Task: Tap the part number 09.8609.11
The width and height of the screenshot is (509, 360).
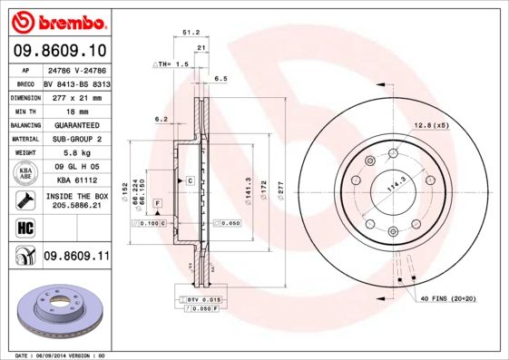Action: pos(76,258)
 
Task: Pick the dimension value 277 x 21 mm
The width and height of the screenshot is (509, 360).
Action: pos(76,95)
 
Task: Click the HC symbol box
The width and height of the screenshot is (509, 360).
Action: pos(19,227)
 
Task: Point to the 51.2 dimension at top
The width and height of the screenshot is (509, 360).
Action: pos(191,32)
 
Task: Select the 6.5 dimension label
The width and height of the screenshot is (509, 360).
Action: pos(220,80)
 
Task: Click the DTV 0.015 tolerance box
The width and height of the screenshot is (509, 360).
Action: pos(204,298)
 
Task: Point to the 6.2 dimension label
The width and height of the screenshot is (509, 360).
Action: pos(162,119)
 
